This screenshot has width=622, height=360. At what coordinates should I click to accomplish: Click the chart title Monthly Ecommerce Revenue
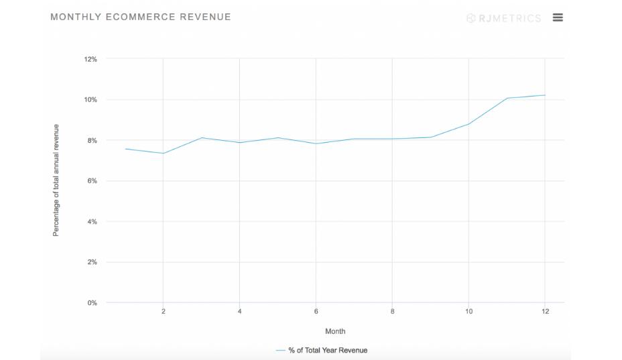[x=141, y=17]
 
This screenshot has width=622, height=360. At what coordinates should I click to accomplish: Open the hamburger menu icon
[x=558, y=17]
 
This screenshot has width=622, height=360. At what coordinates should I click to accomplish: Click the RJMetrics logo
[x=503, y=18]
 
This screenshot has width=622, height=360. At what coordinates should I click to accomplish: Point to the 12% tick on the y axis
[x=90, y=59]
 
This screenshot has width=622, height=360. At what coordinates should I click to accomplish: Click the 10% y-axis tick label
[x=90, y=100]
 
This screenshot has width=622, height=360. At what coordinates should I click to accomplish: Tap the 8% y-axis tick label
[x=92, y=141]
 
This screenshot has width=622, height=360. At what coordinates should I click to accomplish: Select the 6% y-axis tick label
[x=92, y=181]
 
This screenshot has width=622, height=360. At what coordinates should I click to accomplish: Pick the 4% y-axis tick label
[x=92, y=222]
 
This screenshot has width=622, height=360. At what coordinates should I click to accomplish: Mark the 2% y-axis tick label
[x=92, y=262]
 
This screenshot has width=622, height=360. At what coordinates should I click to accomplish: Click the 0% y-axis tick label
[x=92, y=303]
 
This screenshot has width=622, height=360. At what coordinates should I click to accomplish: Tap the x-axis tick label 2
[x=163, y=312]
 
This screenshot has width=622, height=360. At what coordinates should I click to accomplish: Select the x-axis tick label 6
[x=316, y=312]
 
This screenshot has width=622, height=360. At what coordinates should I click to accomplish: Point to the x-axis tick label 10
[x=469, y=312]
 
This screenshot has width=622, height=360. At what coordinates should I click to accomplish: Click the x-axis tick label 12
[x=545, y=312]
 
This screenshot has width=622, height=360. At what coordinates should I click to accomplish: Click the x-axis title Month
[x=335, y=331]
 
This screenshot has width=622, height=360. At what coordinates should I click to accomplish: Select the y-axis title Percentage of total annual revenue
[x=56, y=180]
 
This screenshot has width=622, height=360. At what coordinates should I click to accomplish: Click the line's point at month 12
[x=545, y=95]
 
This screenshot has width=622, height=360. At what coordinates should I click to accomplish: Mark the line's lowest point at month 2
[x=163, y=154]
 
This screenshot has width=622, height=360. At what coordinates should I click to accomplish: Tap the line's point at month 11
[x=507, y=99]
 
